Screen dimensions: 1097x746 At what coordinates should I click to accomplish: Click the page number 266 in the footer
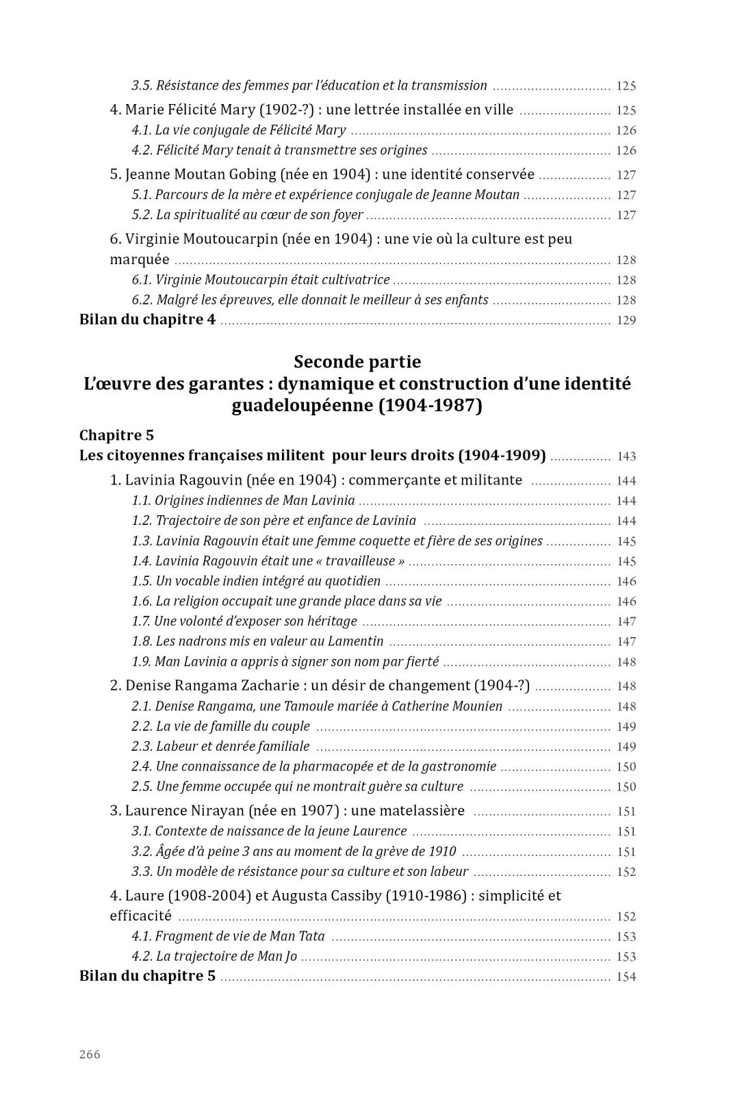(x=90, y=1054)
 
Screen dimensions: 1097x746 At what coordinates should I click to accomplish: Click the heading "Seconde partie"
(x=357, y=361)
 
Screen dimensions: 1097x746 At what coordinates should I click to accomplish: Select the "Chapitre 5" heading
(x=116, y=435)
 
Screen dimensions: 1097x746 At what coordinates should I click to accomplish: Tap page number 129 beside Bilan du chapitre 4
(x=626, y=320)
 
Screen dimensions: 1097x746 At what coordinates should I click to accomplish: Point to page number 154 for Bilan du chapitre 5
(x=626, y=977)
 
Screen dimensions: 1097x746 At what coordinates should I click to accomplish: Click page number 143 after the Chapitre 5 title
(x=626, y=456)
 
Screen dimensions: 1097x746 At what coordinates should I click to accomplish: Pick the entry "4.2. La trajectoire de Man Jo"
(x=214, y=956)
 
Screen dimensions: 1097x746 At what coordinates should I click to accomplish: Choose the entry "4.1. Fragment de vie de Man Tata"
(x=228, y=936)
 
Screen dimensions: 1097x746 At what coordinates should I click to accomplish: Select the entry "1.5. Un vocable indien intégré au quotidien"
(x=256, y=581)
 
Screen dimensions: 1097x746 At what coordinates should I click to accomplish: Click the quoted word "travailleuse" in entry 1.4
(x=361, y=561)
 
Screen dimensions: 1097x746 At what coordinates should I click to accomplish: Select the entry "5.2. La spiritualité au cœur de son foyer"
(x=247, y=215)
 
